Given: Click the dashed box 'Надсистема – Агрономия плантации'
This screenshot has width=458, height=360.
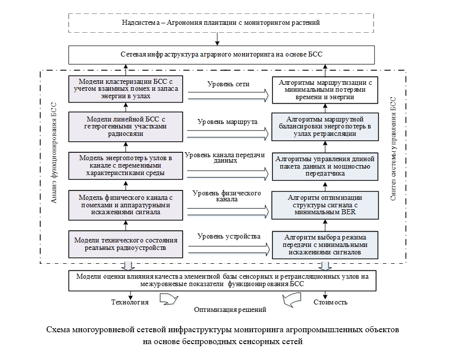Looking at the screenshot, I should [221, 22].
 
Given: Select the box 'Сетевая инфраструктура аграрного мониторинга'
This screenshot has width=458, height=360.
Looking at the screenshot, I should [221, 54].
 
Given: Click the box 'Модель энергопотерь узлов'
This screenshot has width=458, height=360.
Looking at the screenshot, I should [126, 165].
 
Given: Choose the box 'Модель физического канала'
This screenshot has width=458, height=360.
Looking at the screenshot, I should [126, 204].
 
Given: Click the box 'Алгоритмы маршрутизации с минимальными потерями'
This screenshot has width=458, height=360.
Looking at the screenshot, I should [325, 89].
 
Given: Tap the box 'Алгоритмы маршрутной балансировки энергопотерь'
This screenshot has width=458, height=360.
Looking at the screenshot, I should [325, 126].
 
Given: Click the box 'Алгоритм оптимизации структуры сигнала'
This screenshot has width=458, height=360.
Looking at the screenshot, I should [325, 204].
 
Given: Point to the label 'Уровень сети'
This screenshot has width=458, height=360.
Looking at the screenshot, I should [228, 84].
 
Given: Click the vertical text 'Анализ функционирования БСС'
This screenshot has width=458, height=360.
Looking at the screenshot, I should [54, 154].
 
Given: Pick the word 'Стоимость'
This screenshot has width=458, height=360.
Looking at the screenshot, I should [330, 301].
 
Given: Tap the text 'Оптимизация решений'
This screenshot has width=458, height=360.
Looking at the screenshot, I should [230, 309].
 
